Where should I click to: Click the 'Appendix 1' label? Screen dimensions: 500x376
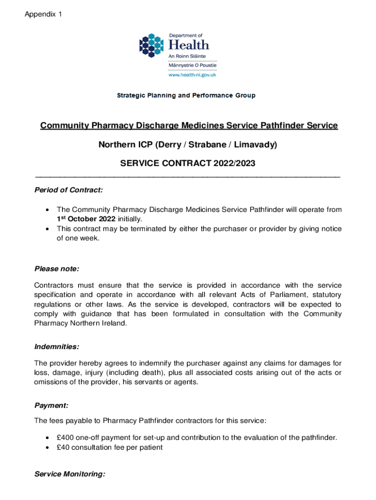pos(43,14)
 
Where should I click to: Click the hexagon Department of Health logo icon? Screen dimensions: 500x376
pos(152,45)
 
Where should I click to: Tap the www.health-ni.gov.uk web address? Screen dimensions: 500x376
pos(192,75)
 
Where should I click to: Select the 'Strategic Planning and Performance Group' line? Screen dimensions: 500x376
pos(186,96)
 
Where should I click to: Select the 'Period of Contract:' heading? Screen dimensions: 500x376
pos(68,189)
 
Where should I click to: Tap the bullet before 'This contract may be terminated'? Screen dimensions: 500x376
pos(47,229)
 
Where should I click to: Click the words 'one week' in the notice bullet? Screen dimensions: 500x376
pos(84,239)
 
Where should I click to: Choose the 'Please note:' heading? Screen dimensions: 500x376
pos(57,269)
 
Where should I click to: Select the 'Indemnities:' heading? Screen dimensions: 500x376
pos(57,347)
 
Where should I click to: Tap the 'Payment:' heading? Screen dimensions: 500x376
pos(51,405)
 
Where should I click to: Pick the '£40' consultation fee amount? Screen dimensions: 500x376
pos(64,447)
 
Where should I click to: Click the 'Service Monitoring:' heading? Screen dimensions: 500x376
pos(69,474)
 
